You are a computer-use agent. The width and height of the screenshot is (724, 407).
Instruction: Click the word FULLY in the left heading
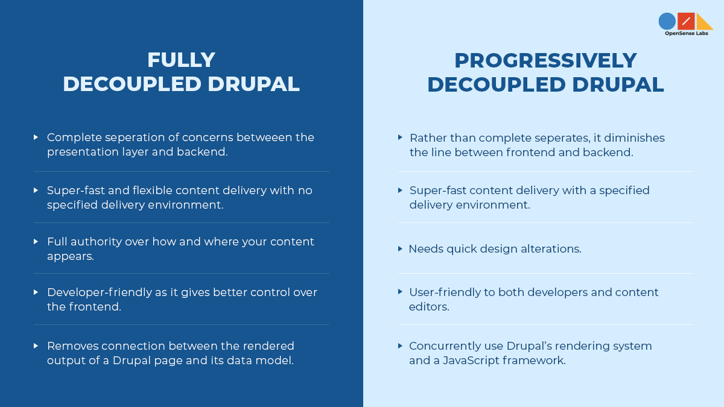(x=181, y=60)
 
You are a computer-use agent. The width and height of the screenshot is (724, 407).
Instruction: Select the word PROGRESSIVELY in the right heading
(x=545, y=60)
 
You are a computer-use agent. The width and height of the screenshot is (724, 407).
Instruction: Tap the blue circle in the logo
(x=667, y=21)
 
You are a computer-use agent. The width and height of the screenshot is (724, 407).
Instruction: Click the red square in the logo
(x=686, y=21)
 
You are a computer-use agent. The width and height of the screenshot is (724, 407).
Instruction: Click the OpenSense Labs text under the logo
(x=687, y=34)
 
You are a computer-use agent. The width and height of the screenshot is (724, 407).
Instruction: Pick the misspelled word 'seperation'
(x=125, y=137)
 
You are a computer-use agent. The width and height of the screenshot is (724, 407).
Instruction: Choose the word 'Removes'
(x=72, y=346)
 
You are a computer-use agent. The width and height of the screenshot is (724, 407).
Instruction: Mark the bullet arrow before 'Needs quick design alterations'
(x=401, y=248)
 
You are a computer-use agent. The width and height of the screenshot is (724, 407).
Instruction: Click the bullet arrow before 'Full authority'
(x=36, y=241)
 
